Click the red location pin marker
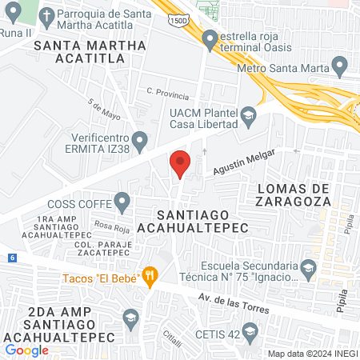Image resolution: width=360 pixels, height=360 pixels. [181, 164]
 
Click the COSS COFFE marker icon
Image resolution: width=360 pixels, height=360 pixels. [122, 201]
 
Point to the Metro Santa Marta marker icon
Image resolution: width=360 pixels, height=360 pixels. [340, 66]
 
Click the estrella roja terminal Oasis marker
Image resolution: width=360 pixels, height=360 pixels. [210, 38]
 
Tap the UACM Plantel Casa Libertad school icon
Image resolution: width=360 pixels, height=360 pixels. [248, 116]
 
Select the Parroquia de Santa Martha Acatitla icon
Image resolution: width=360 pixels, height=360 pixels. [47, 17]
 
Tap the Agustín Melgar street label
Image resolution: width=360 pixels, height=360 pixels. [244, 163]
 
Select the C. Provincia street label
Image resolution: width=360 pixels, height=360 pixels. [167, 94]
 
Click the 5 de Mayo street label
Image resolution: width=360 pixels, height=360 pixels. [105, 110]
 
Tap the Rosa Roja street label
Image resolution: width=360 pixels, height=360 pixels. [106, 225]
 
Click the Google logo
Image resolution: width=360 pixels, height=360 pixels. [27, 350]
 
